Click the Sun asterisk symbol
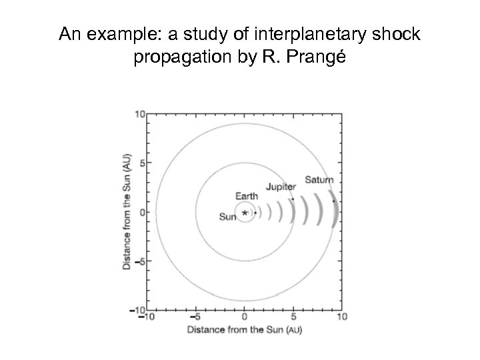(245, 213)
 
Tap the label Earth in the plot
(247, 196)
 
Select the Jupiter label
(281, 187)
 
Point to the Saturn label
(319, 180)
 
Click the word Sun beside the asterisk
(228, 216)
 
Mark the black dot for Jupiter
(293, 199)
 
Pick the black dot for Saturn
(333, 201)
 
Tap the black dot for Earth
(255, 213)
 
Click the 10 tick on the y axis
(141, 115)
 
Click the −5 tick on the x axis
(195, 317)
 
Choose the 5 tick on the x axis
(293, 317)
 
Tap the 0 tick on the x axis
(245, 317)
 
